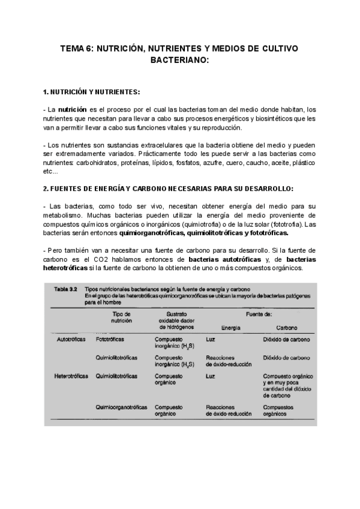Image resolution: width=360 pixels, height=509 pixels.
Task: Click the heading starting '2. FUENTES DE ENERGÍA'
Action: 169,188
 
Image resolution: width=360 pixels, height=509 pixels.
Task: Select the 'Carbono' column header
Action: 286,327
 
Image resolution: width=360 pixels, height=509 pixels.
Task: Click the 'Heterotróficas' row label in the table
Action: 71,376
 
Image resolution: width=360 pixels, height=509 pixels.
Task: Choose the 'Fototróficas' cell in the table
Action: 110,339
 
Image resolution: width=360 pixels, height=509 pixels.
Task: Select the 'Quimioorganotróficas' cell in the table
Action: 121,407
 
